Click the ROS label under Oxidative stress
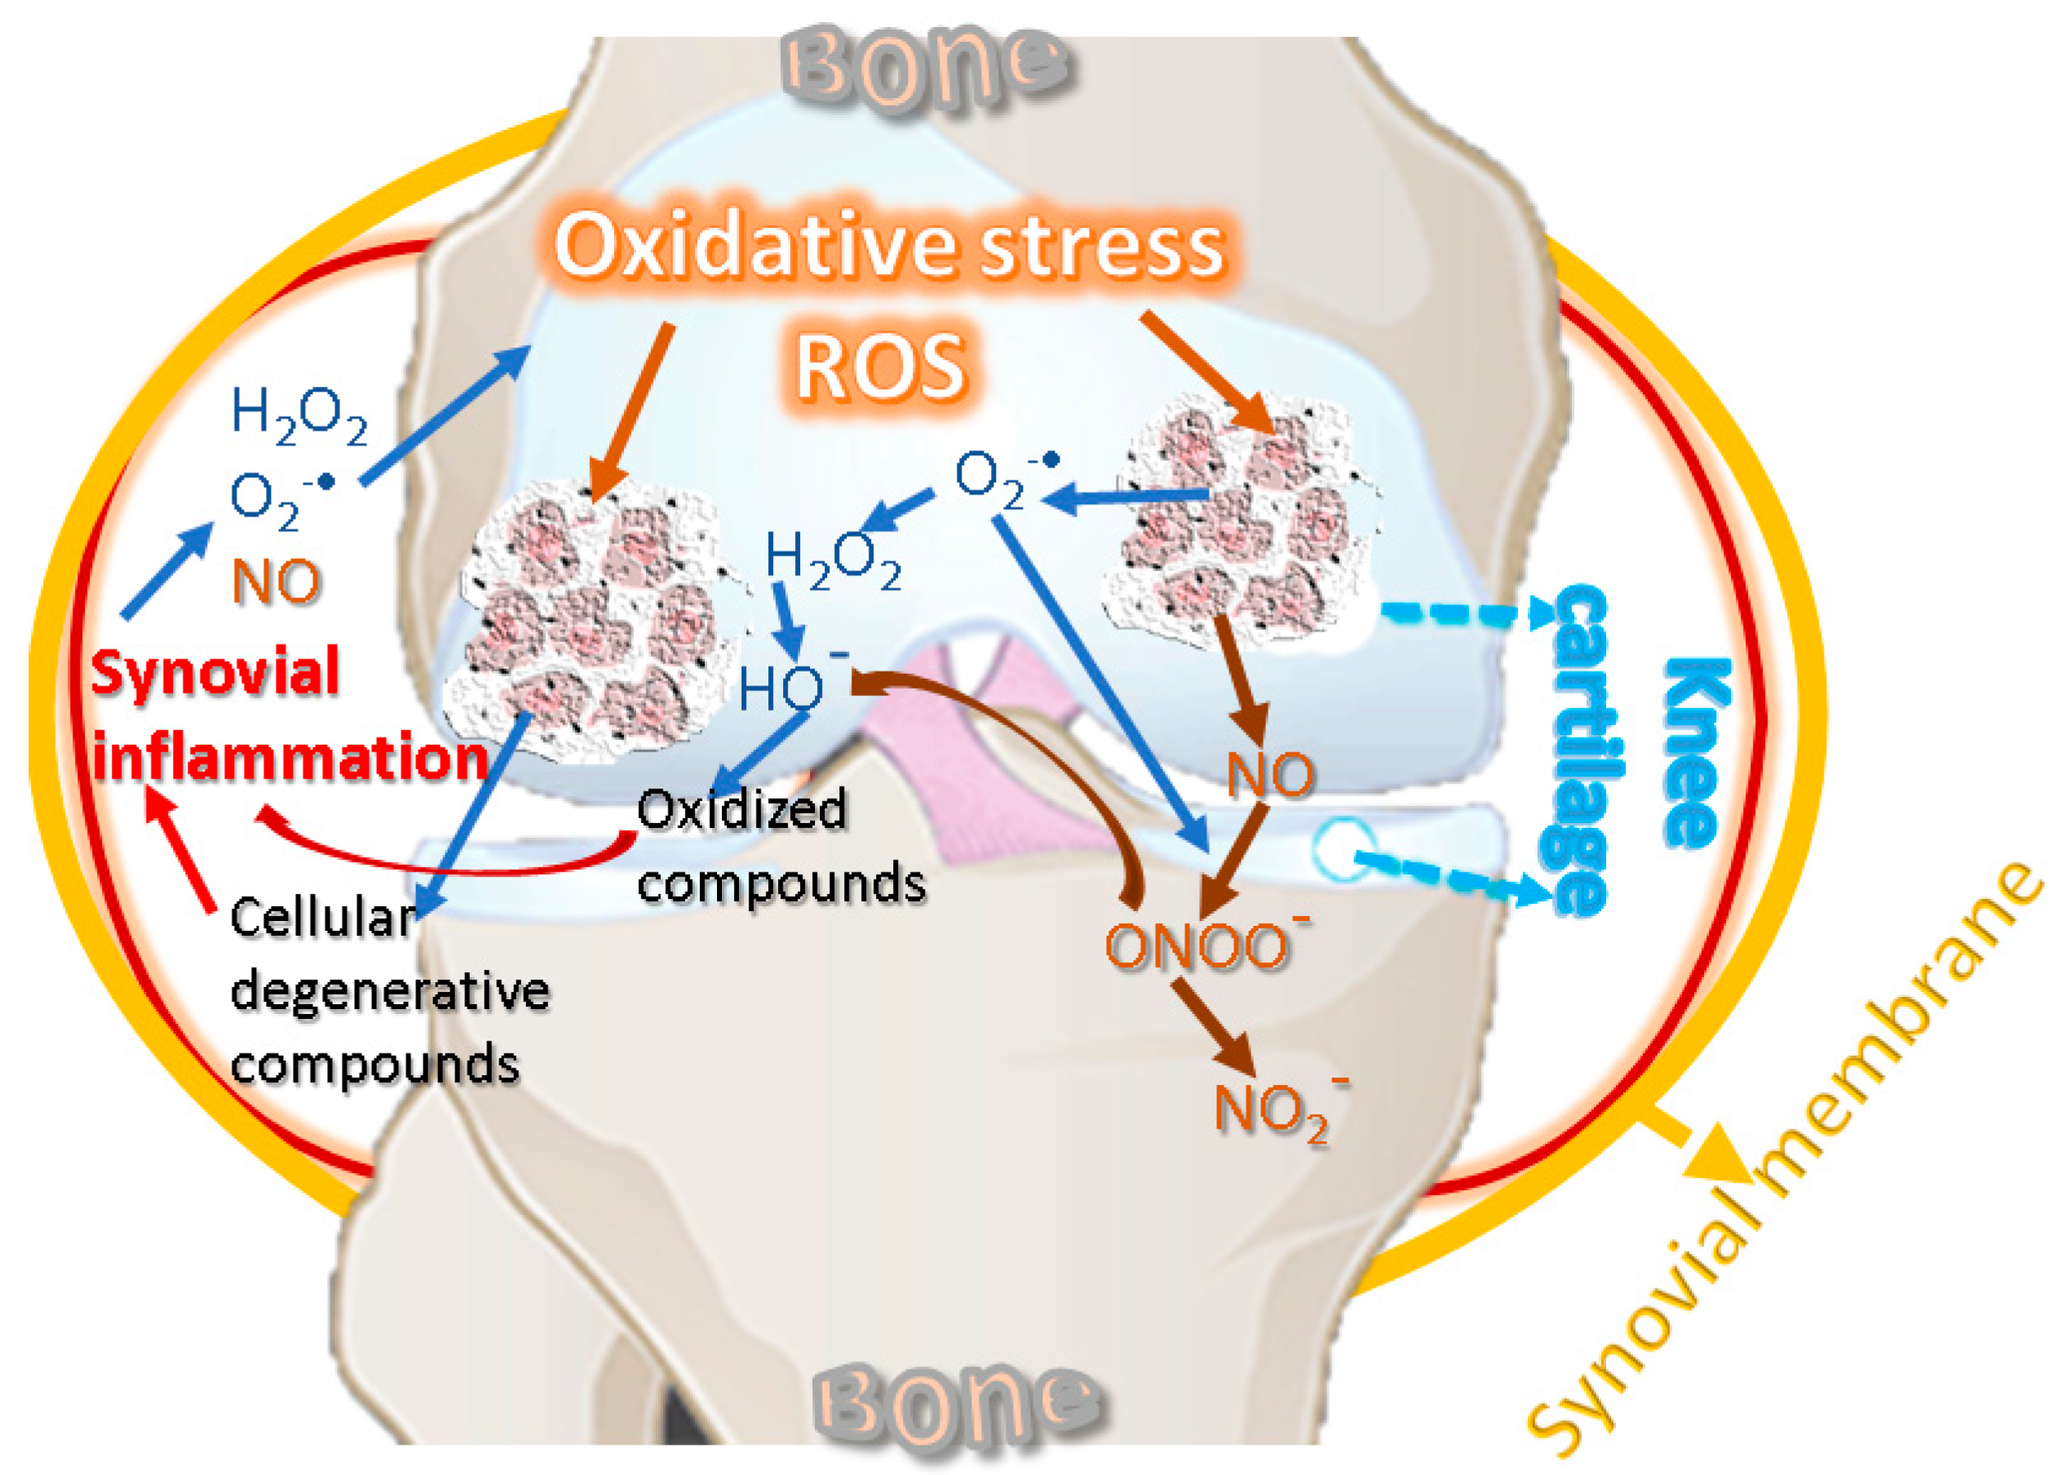point(880,367)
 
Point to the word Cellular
point(323,918)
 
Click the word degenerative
point(389,990)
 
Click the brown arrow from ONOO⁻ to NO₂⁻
point(1212,1027)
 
